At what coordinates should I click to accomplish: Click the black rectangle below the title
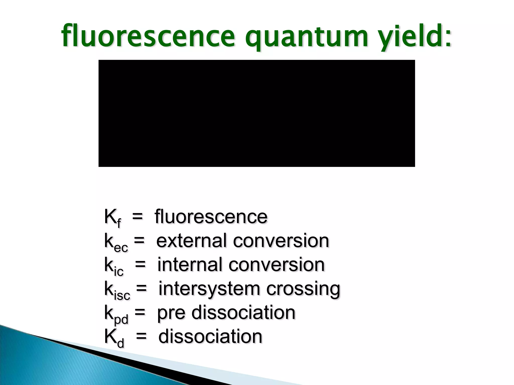tap(256, 113)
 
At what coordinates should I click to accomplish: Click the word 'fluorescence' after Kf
tap(211, 217)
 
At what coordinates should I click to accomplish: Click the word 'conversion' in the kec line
tap(281, 241)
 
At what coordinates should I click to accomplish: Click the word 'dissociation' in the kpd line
tap(243, 313)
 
